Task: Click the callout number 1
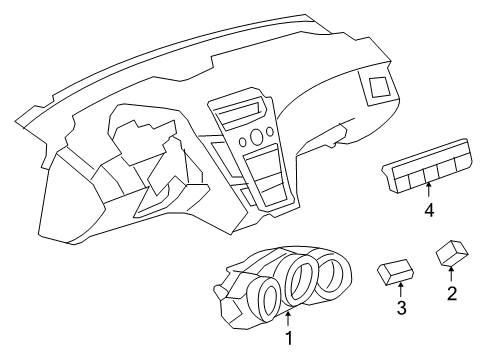[289, 339]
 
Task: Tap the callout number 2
[452, 293]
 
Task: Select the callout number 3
[401, 308]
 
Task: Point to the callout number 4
[429, 210]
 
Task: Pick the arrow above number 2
[452, 274]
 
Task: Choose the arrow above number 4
[429, 192]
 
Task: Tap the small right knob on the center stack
[271, 132]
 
